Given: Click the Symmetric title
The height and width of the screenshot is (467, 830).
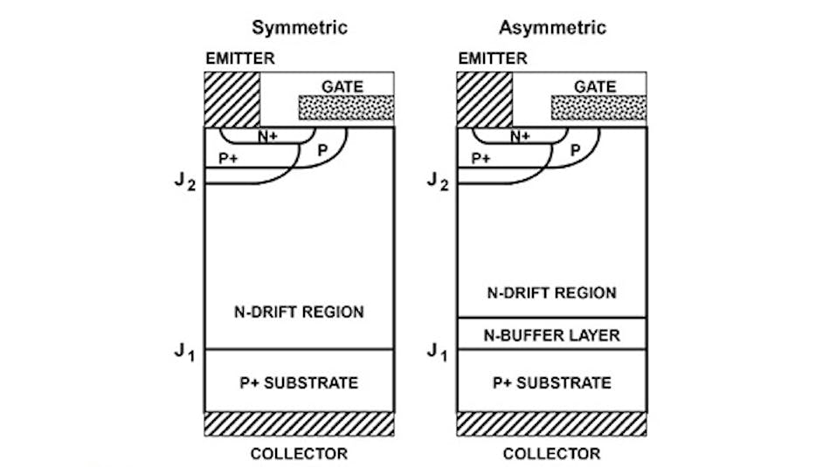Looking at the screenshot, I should point(300,27).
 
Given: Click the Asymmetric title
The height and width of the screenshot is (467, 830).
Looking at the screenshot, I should point(552,27).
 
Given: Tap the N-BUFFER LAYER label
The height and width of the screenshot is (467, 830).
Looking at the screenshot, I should point(552,334).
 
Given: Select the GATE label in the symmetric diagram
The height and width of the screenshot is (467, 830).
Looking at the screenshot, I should point(342,86).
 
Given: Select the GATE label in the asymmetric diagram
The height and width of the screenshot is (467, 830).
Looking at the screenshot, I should point(595,86).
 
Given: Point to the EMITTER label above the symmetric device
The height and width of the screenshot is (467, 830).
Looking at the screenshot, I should point(239,58).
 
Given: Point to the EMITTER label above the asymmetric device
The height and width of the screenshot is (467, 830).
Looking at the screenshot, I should point(493,58).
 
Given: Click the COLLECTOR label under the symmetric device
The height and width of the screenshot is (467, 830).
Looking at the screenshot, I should point(299,453).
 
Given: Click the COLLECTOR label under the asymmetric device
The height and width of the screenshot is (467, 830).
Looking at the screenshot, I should point(551,453).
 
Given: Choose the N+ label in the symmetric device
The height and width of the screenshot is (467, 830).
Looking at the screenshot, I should point(266,136).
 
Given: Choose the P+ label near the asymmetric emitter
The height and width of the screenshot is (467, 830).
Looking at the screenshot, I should point(481,158).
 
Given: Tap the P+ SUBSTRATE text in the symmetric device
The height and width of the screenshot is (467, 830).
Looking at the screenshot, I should point(300,382).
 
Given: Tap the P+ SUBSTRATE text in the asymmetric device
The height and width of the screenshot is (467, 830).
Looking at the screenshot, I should point(552,382).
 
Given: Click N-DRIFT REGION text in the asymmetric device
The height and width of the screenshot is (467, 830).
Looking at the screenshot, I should point(552,293).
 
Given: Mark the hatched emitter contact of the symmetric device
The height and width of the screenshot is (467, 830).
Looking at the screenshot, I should point(232,99).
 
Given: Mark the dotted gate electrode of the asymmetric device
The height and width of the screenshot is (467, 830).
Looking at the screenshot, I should point(598,107).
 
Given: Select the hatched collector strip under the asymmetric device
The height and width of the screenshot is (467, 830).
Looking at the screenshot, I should point(552,423).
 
